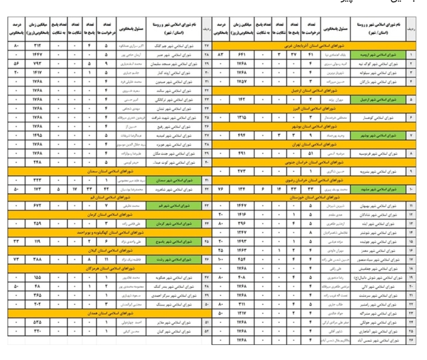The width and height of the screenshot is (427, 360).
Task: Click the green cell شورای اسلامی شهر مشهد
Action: pyautogui.click(x=378, y=189)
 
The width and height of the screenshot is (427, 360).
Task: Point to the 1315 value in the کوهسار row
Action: pyautogui.click(x=242, y=117)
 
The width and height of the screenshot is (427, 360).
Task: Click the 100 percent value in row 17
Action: pyautogui.click(x=220, y=259)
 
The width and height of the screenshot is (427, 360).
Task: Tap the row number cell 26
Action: pyautogui.click(x=411, y=340)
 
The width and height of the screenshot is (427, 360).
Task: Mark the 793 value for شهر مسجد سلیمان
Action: pyautogui.click(x=36, y=64)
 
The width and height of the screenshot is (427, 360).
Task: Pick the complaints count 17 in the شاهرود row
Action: pyautogui.click(x=74, y=189)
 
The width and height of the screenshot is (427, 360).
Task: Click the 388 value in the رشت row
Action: pyautogui.click(x=36, y=259)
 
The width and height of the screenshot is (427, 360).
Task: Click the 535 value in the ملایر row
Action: pyautogui.click(x=36, y=322)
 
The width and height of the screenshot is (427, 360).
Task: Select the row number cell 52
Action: pyautogui.click(x=207, y=331)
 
